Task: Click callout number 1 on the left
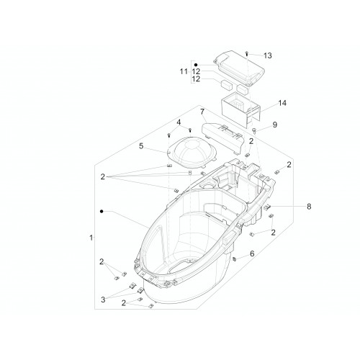pyautogui.click(x=91, y=238)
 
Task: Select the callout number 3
pyautogui.click(x=103, y=300)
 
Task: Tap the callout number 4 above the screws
pyautogui.click(x=179, y=122)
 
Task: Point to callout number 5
pyautogui.click(x=141, y=145)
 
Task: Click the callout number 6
pyautogui.click(x=252, y=253)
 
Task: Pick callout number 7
pyautogui.click(x=202, y=112)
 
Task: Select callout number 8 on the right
pyautogui.click(x=309, y=207)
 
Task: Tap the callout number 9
pyautogui.click(x=275, y=125)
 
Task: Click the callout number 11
pyautogui.click(x=184, y=71)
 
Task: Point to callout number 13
pyautogui.click(x=268, y=55)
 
